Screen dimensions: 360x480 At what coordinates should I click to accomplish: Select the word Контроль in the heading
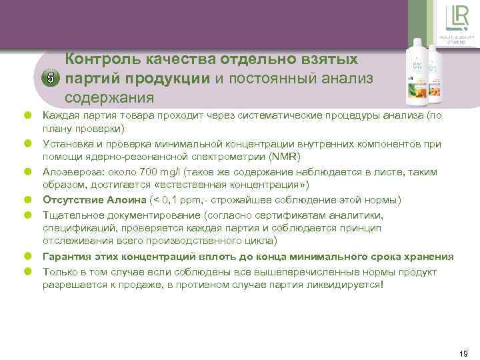101,60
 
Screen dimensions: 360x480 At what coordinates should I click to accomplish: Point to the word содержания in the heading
109,98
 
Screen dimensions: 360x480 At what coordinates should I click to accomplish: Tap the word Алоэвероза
70,172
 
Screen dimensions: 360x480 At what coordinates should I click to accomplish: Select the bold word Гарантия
67,257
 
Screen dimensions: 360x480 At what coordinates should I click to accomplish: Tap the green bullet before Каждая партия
29,116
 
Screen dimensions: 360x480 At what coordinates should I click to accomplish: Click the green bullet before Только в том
29,271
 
